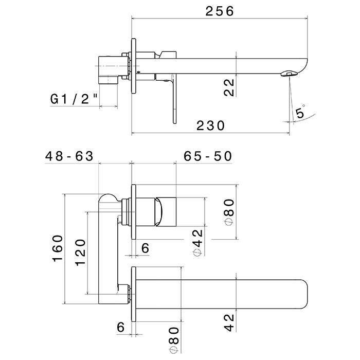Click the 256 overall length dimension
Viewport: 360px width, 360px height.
[220, 11]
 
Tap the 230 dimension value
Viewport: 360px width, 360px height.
[210, 126]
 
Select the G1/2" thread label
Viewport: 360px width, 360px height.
[74, 99]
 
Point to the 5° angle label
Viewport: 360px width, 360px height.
[300, 112]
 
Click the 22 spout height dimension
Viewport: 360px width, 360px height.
[229, 87]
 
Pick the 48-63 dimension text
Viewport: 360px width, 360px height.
[69, 156]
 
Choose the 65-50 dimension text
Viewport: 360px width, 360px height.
[208, 156]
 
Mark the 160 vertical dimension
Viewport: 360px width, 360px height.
[58, 248]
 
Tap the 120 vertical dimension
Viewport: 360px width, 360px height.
[80, 253]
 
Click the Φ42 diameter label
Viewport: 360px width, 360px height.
[197, 243]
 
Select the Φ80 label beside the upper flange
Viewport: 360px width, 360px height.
[229, 212]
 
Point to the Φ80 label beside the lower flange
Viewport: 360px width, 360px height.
[174, 340]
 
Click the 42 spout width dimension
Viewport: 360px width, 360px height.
[229, 323]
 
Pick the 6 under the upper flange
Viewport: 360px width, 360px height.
[145, 248]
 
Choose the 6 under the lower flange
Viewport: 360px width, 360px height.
[121, 327]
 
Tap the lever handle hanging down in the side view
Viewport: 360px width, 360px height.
[174, 99]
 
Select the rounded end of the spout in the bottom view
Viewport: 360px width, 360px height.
[303, 294]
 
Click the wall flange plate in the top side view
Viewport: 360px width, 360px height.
[134, 66]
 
